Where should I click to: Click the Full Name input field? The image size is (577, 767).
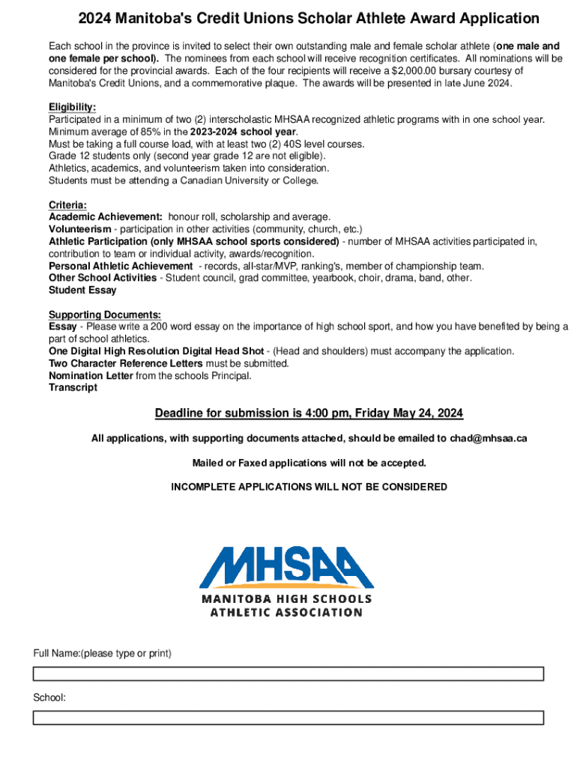288,673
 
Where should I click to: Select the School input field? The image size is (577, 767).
288,718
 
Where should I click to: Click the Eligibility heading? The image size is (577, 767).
72,108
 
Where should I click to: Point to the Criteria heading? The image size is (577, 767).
67,204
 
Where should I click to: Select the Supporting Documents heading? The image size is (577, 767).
105,315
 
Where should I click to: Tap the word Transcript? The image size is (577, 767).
73,387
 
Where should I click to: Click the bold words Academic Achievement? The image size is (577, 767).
106,216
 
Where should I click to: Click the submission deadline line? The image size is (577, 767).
309,413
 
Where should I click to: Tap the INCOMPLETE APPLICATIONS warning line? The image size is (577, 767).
309,487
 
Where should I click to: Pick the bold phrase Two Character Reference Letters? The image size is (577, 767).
125,363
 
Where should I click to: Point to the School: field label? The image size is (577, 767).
49,698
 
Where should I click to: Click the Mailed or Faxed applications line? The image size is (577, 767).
309,463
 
